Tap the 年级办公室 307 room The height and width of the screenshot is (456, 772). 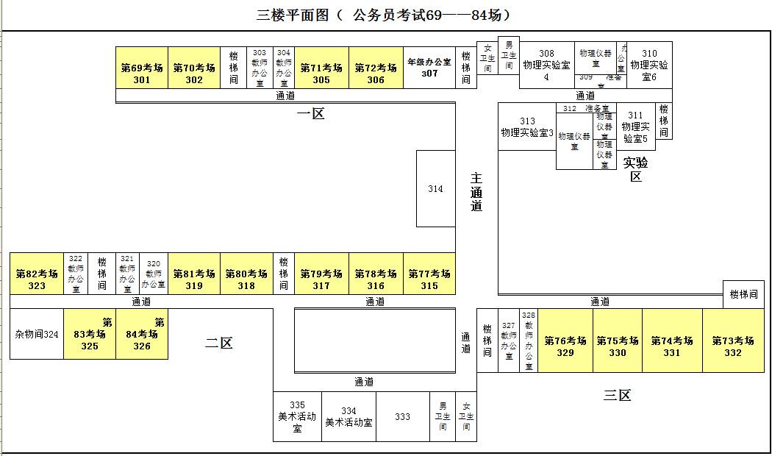pyautogui.click(x=429, y=68)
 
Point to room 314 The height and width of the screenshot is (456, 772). pyautogui.click(x=435, y=189)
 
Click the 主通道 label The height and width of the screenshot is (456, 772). pyautogui.click(x=476, y=191)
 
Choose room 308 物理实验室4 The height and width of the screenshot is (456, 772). pyautogui.click(x=546, y=65)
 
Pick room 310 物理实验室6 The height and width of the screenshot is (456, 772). pyautogui.click(x=649, y=65)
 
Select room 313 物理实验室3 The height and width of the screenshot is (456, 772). pyautogui.click(x=527, y=127)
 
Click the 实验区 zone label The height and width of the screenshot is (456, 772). pyautogui.click(x=636, y=169)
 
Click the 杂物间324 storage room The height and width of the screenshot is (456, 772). pyautogui.click(x=37, y=335)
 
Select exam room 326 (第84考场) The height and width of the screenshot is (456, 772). pyautogui.click(x=142, y=335)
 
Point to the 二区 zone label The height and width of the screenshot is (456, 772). pyautogui.click(x=219, y=343)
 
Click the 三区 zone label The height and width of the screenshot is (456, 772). pyautogui.click(x=618, y=396)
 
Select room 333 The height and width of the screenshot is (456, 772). pyautogui.click(x=402, y=417)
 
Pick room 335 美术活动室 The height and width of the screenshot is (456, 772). pyautogui.click(x=297, y=417)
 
